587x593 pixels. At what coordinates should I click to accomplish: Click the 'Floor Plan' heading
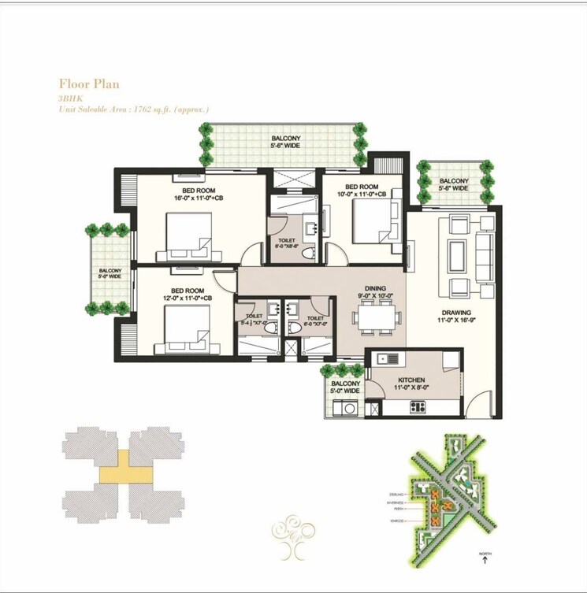(89, 83)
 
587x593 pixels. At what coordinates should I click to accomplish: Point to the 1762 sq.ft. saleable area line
(133, 109)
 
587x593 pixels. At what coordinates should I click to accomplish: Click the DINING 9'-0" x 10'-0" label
(375, 292)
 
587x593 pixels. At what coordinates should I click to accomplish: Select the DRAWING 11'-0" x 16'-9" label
(456, 317)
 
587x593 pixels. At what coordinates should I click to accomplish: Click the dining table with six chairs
(375, 317)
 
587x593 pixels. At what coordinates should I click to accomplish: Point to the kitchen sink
(387, 359)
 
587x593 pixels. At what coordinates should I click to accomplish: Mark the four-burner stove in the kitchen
(417, 407)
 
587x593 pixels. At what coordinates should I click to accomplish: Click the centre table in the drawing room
(457, 253)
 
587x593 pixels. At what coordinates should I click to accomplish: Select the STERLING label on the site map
(395, 495)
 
